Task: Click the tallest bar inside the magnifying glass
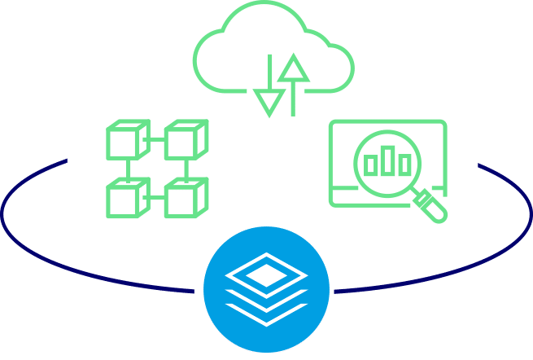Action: point(388,160)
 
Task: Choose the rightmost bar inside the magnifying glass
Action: point(404,164)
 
